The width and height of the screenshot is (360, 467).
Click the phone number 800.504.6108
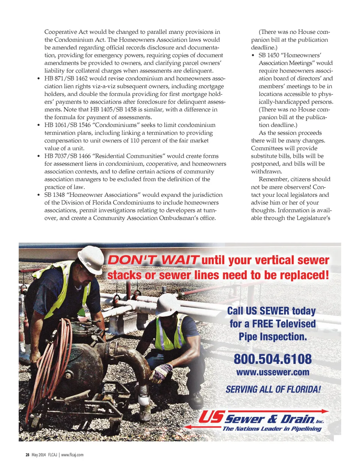(x=273, y=359)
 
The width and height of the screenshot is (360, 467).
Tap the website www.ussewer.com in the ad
(x=273, y=372)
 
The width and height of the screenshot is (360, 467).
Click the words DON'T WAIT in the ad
(x=153, y=260)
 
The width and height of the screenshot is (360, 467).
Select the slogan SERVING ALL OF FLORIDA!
(x=273, y=389)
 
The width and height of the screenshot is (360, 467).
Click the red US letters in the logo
(x=211, y=417)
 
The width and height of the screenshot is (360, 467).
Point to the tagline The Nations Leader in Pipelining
(x=272, y=429)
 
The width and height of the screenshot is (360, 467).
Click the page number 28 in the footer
(x=27, y=455)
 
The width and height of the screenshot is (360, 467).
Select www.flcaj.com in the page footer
(x=72, y=455)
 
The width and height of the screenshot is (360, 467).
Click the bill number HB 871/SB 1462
(x=66, y=78)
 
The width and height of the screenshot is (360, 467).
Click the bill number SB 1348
(x=54, y=195)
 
